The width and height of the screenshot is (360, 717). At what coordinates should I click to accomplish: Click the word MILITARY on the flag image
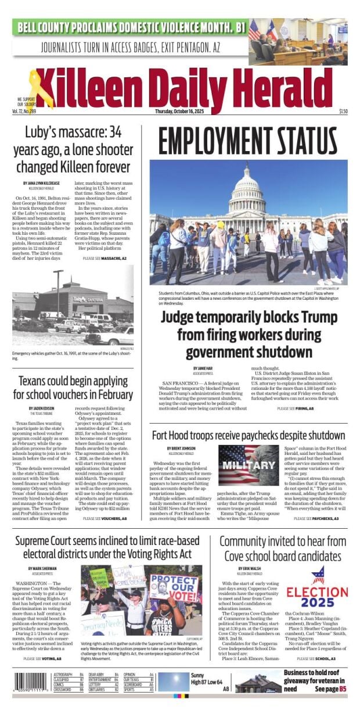(239, 467)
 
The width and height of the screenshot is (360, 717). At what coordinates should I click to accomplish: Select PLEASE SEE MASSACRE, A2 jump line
(105, 258)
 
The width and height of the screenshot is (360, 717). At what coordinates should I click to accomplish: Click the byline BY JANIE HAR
(203, 368)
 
